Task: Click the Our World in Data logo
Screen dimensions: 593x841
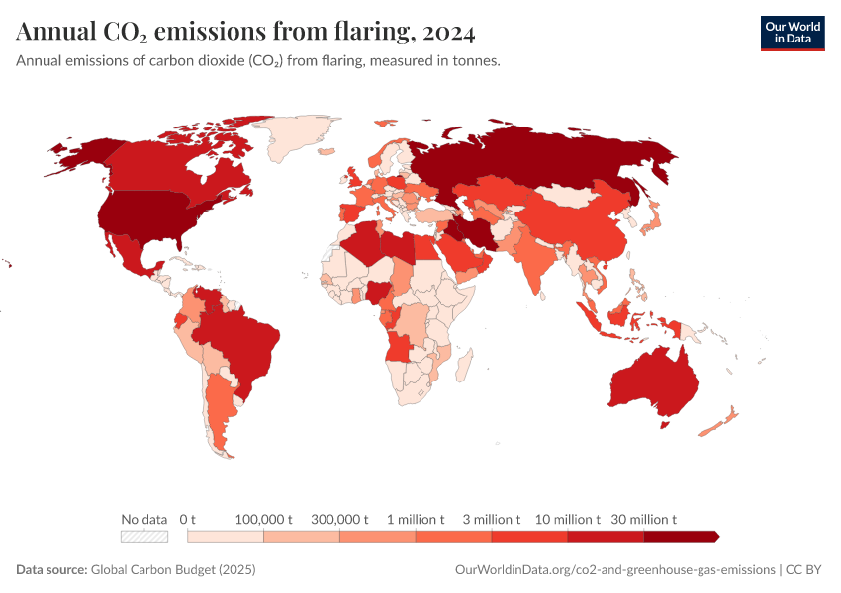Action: click(x=792, y=32)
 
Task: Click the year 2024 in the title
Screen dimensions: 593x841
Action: click(x=448, y=33)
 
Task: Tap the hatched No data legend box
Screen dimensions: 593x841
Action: click(x=143, y=536)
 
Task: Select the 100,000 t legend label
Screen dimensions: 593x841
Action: click(x=264, y=519)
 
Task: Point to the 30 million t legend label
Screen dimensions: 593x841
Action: click(x=644, y=519)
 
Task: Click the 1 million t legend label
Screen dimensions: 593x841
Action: click(x=416, y=519)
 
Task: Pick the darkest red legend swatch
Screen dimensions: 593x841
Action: click(x=680, y=536)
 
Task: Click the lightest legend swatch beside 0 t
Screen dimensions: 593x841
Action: click(x=226, y=536)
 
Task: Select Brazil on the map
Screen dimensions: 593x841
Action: click(x=242, y=341)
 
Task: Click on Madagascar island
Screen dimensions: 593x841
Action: click(x=462, y=368)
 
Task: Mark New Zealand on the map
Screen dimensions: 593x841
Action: click(x=719, y=421)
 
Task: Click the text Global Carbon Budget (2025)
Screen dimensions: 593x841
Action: click(x=173, y=570)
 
